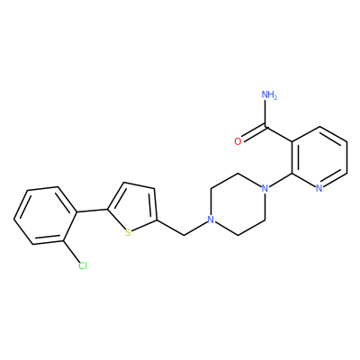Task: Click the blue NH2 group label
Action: coord(269,95)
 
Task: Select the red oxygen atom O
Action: coord(238,141)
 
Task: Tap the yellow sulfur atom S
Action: coord(128,232)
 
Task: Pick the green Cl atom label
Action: coord(83,265)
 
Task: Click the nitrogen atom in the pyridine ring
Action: coord(319,188)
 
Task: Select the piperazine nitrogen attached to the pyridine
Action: coord(265,188)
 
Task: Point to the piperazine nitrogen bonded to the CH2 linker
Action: coord(211,220)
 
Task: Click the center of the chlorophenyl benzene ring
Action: coord(46,216)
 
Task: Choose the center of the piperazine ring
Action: coord(238,204)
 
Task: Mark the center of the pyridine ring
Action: coord(319,157)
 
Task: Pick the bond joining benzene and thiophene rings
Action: coord(93,211)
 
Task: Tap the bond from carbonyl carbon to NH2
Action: coord(265,113)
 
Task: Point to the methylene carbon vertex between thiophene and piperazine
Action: coord(184,236)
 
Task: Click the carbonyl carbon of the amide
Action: coord(265,127)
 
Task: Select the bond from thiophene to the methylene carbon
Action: coord(170,228)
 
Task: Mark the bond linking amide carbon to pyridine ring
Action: coord(279,134)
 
